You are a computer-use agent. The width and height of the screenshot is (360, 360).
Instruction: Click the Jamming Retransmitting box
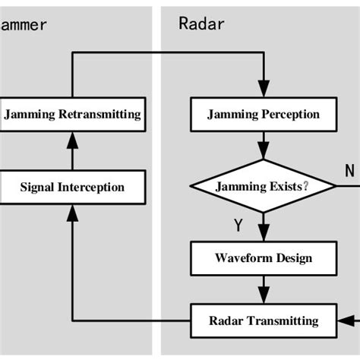[72, 115]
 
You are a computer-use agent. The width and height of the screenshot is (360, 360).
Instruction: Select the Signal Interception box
[72, 187]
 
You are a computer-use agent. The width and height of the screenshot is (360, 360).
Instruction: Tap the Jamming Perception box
[264, 115]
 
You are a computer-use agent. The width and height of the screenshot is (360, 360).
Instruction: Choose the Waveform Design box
[264, 258]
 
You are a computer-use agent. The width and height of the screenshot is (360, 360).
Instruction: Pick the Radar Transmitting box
[264, 320]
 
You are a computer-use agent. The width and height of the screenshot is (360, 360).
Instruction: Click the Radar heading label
[201, 24]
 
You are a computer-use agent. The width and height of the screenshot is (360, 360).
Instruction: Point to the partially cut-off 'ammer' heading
[24, 24]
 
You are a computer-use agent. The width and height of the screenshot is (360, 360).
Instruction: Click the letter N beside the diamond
[349, 170]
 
